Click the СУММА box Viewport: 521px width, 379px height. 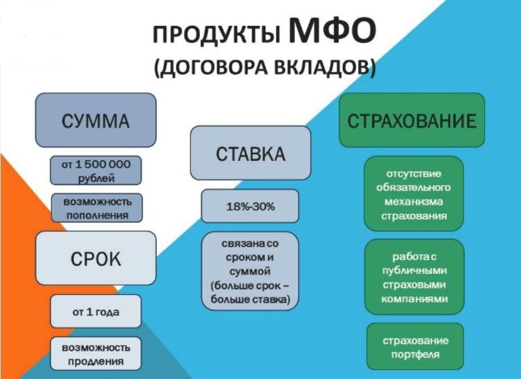click(96, 120)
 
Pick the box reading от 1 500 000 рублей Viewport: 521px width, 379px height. click(96, 171)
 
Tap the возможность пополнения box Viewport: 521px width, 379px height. click(97, 208)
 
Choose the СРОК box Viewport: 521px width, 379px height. click(96, 258)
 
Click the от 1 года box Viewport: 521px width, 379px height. click(96, 311)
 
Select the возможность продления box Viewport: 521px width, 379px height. click(96, 354)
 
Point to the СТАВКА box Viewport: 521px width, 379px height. click(250, 153)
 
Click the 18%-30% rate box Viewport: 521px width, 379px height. click(250, 206)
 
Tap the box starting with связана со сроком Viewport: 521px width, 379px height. click(250, 271)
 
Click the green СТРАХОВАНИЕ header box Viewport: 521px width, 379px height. click(412, 120)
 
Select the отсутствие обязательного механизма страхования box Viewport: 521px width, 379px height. click(414, 194)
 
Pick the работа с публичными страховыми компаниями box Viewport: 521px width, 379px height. click(414, 277)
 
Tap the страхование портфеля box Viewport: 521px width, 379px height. click(415, 347)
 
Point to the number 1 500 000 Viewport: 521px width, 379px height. click(103, 165)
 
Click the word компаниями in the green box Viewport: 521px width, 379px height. click(414, 299)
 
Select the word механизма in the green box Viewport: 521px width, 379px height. click(414, 201)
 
